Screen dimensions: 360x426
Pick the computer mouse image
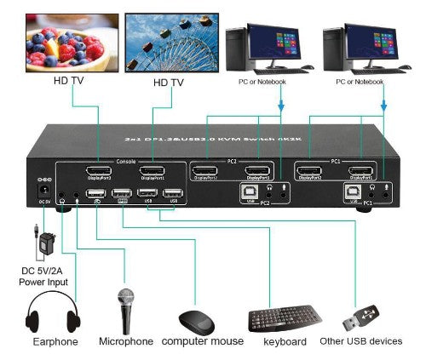point(198,322)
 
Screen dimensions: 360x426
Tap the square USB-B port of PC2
point(247,193)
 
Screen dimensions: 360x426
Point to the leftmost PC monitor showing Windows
point(273,40)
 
